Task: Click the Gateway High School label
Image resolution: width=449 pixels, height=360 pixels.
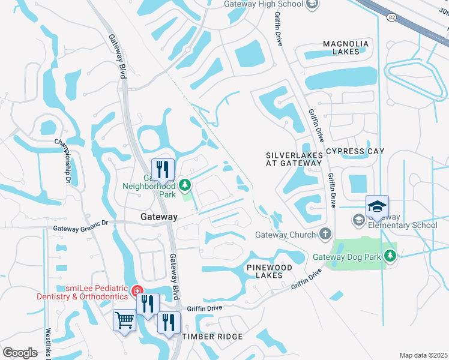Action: [263, 4]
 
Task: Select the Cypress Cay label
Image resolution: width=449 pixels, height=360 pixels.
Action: [355, 151]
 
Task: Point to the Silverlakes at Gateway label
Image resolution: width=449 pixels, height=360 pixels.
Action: [294, 159]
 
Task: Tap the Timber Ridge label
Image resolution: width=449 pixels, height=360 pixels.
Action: [212, 337]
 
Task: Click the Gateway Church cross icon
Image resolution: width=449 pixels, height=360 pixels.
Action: [325, 234]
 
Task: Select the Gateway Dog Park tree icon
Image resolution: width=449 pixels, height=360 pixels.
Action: [391, 257]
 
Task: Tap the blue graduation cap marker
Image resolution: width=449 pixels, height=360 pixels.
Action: [377, 207]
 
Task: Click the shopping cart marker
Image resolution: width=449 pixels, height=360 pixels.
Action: [125, 320]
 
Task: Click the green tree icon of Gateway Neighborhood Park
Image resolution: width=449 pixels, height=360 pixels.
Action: [185, 183]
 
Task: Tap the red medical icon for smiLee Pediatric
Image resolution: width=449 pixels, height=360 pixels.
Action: [138, 290]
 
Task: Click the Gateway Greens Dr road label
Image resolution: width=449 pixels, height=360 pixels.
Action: [80, 228]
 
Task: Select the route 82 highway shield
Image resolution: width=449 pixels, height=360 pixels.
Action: [390, 17]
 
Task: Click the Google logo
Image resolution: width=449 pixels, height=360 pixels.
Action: [20, 352]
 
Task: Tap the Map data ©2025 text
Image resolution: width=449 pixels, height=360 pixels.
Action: [423, 355]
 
